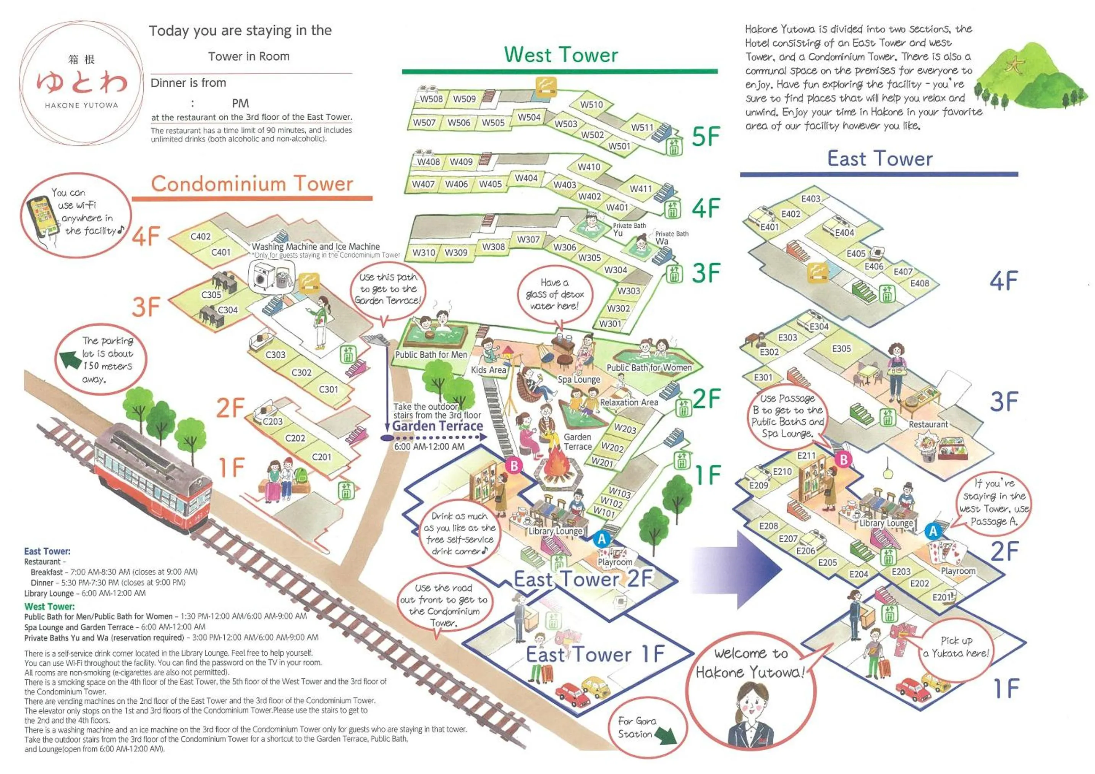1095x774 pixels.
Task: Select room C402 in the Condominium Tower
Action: [x=200, y=236]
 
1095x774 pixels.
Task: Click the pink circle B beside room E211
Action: [x=843, y=459]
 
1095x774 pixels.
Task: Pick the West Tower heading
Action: [x=561, y=55]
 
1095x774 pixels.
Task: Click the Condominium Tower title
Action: [x=252, y=184]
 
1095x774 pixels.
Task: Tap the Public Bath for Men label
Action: [x=431, y=355]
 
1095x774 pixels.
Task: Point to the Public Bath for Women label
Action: [x=649, y=367]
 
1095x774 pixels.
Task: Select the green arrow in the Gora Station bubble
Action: [x=665, y=735]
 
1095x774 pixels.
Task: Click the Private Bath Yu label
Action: [x=628, y=229]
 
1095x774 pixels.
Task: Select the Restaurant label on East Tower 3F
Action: [x=928, y=424]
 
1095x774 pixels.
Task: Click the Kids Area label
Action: [x=488, y=370]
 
